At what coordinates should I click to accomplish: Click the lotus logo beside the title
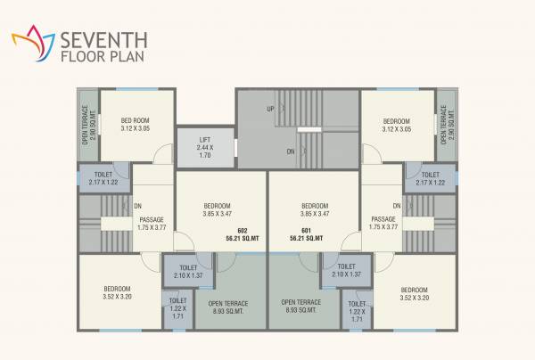point(30,40)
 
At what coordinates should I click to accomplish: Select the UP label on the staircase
point(269,110)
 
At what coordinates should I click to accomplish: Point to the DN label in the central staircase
point(291,151)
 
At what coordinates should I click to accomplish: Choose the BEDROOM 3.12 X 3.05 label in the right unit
point(396,126)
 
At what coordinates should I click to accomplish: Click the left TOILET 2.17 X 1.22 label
point(98,178)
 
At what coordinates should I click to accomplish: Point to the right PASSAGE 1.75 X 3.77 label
point(383,223)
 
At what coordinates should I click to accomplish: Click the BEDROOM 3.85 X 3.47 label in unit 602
point(217,209)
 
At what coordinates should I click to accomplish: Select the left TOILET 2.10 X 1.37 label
point(188,270)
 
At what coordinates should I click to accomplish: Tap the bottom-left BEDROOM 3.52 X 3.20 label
point(117,293)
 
